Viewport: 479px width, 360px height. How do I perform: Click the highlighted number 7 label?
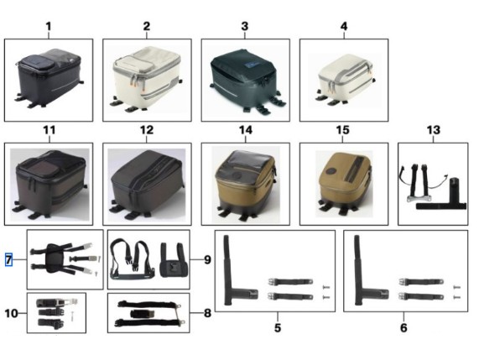8,260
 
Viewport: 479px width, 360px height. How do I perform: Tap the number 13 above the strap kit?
434,130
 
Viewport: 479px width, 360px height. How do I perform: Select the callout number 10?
11,313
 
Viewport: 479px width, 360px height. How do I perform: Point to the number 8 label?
207,313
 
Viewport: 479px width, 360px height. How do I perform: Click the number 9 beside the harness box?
207,260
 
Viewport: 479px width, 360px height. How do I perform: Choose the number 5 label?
278,327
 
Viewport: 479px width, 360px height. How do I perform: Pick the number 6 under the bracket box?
404,327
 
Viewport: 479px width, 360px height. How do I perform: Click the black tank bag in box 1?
49,78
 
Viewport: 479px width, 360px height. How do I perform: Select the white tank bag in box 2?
147,79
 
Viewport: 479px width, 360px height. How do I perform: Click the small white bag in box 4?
346,80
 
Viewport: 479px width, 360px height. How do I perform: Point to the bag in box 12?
148,184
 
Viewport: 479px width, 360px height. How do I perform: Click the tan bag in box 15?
345,183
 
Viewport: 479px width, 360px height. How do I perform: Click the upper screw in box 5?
326,287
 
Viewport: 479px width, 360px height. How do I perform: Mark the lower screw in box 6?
456,297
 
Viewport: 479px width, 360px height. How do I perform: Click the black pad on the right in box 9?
173,260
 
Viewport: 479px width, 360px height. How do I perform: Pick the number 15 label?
342,130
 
